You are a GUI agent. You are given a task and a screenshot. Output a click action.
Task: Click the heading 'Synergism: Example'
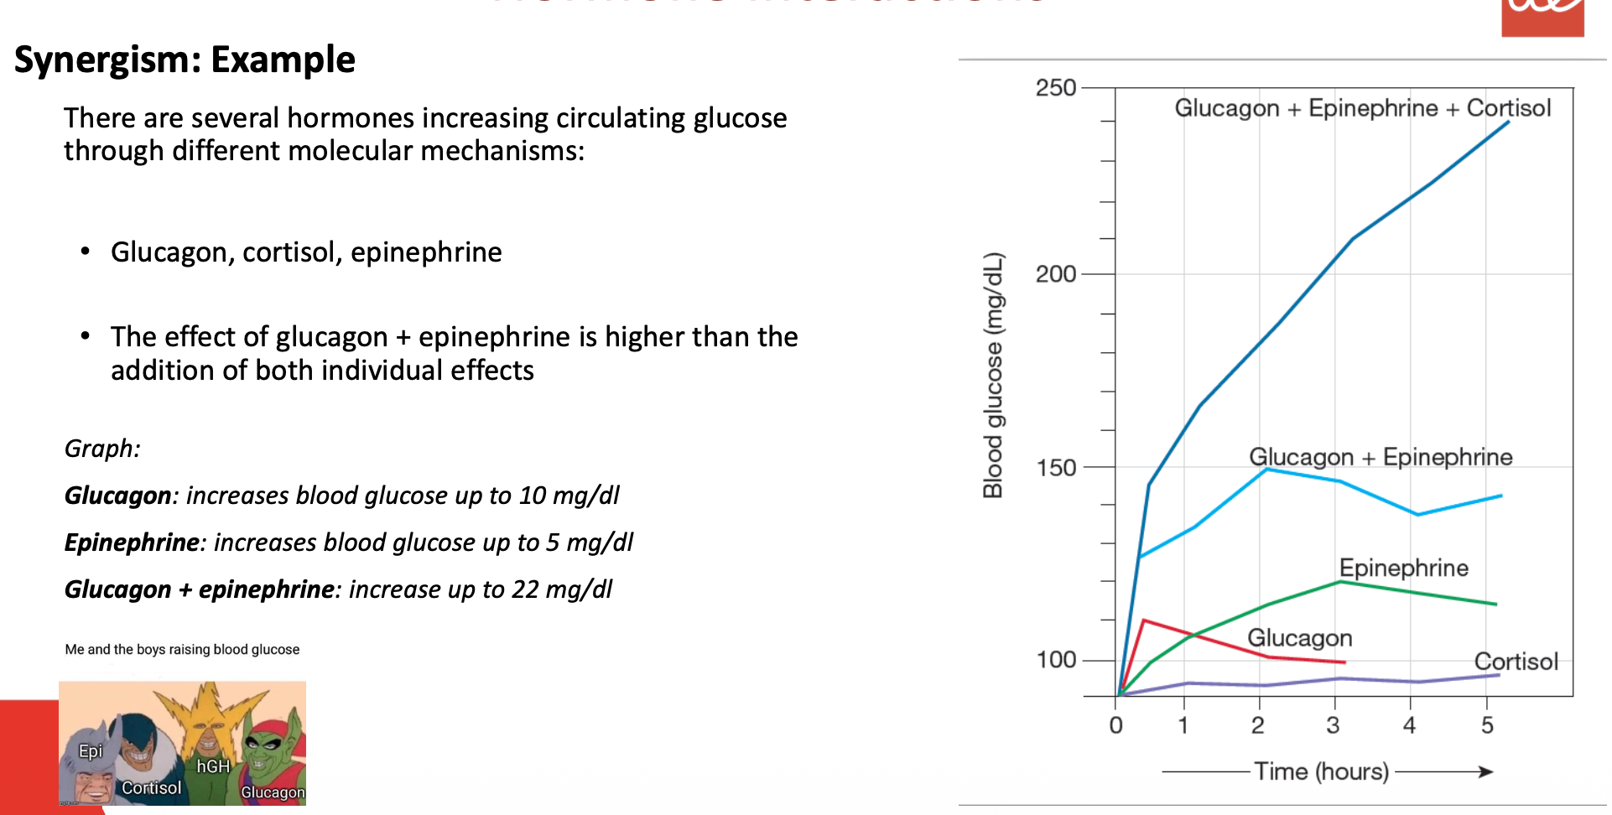click(x=185, y=60)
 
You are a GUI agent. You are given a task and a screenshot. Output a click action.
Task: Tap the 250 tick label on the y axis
click(x=1055, y=88)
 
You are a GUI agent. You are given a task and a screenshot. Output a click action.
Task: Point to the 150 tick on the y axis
click(x=1055, y=468)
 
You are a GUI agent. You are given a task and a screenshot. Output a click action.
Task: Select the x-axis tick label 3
click(x=1333, y=725)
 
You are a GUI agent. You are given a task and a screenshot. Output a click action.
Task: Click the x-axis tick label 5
click(x=1487, y=725)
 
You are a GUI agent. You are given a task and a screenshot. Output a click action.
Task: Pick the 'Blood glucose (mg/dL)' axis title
click(x=993, y=375)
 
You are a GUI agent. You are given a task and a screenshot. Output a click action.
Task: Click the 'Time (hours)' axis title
click(x=1321, y=771)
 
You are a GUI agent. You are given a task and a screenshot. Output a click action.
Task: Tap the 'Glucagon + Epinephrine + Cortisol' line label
click(x=1362, y=108)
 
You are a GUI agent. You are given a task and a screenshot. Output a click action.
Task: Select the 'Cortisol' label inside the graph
click(x=1516, y=662)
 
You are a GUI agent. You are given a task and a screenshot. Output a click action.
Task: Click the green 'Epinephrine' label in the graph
click(x=1403, y=568)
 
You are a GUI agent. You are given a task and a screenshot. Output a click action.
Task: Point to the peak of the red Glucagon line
click(x=1144, y=620)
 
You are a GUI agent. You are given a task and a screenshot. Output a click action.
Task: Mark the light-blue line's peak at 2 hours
click(x=1266, y=469)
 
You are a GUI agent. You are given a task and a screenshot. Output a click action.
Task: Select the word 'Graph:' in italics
click(x=102, y=449)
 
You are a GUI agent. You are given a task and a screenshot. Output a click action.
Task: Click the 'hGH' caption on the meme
click(x=213, y=766)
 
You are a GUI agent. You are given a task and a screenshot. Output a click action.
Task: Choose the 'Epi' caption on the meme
click(x=91, y=751)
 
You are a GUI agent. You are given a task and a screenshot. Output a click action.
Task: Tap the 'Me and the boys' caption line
click(x=182, y=650)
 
